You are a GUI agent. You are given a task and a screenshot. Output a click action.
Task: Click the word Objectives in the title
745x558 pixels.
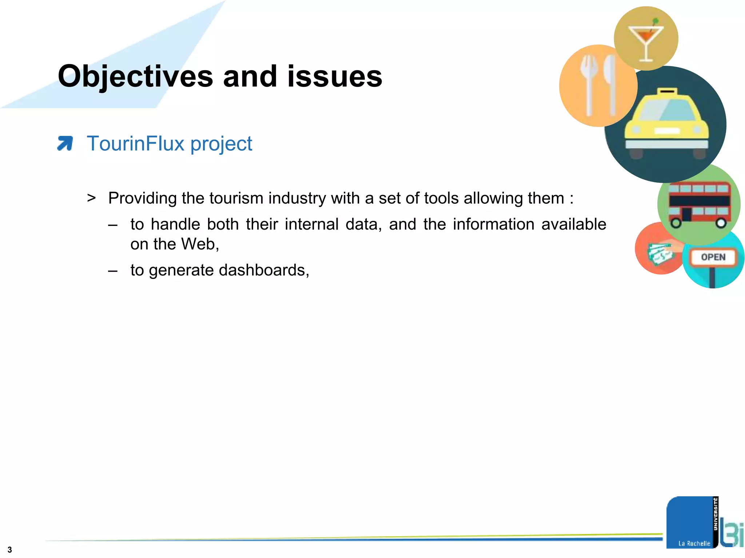[x=135, y=76]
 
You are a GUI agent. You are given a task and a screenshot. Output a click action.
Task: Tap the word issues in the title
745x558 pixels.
[x=335, y=76]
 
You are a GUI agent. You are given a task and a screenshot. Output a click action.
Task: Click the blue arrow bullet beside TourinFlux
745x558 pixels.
[x=65, y=143]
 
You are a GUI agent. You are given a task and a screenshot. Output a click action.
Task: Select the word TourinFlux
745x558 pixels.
[x=135, y=143]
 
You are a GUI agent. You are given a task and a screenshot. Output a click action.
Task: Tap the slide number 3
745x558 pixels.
[x=9, y=550]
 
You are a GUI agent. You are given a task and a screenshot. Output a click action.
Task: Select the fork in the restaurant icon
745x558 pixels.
[x=589, y=84]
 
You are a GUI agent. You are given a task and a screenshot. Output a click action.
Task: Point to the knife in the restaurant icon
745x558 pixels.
[x=610, y=84]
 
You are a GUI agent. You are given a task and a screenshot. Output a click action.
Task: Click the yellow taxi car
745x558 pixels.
[x=666, y=124]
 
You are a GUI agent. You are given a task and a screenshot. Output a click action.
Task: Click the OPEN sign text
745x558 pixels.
[x=713, y=257]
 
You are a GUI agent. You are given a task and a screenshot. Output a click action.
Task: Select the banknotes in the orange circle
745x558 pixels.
[x=659, y=253]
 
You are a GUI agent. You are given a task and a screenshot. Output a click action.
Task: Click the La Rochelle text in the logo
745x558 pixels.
[x=694, y=543]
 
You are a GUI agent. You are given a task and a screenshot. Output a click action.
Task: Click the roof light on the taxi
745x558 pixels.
[x=667, y=90]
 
